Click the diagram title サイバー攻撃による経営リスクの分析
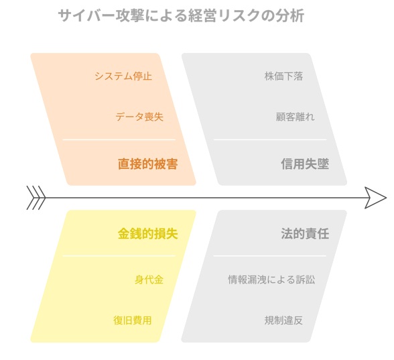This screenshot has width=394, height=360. [x=181, y=15]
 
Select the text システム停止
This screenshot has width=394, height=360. [x=123, y=76]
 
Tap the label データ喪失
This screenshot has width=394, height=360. [x=139, y=117]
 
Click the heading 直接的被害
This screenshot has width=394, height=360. [x=147, y=164]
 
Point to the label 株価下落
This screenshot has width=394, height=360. [x=283, y=76]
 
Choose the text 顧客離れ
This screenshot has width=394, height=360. [x=295, y=117]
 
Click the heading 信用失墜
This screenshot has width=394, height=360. [x=305, y=164]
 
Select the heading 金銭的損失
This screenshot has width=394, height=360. [x=147, y=233]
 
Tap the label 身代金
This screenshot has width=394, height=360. [x=149, y=280]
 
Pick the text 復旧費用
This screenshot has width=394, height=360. [x=133, y=320]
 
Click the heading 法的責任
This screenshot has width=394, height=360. [x=305, y=233]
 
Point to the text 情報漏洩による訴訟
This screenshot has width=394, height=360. [x=271, y=280]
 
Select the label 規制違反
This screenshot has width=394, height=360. [x=283, y=320]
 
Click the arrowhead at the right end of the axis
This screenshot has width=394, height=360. [x=375, y=198]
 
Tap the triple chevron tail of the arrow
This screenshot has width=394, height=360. [x=36, y=198]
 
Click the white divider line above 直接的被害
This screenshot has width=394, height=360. [x=119, y=139]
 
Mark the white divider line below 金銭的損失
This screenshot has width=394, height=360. [x=119, y=256]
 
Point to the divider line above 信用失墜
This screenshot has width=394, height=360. [x=270, y=139]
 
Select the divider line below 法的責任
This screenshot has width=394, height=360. [x=270, y=256]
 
